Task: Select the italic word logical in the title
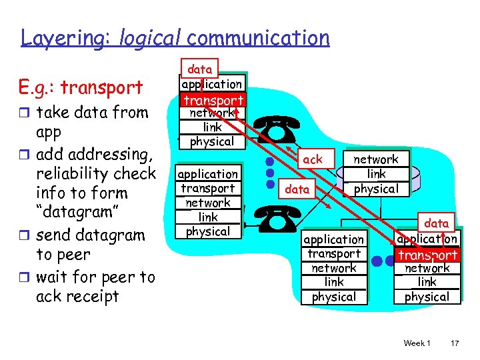coord(151,38)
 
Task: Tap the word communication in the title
coord(258,38)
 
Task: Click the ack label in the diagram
coord(312,159)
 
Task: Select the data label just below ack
coord(297,189)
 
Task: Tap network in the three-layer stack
coord(375,159)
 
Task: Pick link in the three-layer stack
coord(376,174)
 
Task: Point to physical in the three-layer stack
coord(376,189)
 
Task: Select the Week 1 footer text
coord(417,343)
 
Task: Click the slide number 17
coord(455,343)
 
